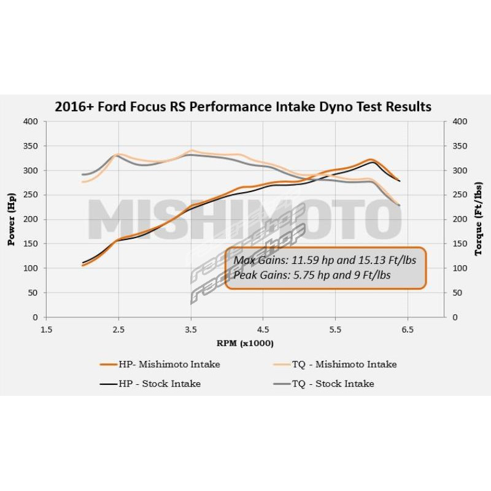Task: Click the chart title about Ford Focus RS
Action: point(243,107)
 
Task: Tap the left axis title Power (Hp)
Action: point(10,219)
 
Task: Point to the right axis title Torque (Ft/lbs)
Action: point(479,219)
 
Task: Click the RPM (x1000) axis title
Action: point(245,342)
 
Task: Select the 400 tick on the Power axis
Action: point(31,122)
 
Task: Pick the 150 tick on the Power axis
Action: point(31,244)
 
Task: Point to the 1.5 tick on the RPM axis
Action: point(46,329)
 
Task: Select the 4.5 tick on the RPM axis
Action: point(263,329)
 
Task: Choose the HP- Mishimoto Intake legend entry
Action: point(160,364)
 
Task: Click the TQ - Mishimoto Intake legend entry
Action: point(336,364)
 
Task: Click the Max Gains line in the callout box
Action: point(325,260)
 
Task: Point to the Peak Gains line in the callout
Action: point(312,276)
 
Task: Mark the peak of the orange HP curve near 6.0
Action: point(371,160)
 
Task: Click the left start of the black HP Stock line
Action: point(83,263)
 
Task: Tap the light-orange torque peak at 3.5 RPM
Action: point(191,150)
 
